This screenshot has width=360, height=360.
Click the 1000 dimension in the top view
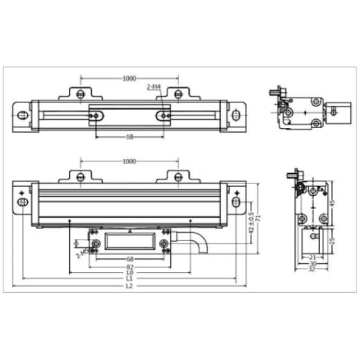coord(129,78)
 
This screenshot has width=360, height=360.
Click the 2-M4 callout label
coord(154,87)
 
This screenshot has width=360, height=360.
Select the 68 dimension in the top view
coord(129,137)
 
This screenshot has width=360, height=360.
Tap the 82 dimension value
coord(129,267)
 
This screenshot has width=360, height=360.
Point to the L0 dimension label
coord(129,273)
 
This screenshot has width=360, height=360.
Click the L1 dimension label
coord(129,279)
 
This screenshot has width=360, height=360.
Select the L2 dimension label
coord(129,286)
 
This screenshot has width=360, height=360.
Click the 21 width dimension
coord(312,257)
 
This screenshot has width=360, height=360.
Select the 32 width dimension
coord(312,269)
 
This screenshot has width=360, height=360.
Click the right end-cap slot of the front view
coord(237,201)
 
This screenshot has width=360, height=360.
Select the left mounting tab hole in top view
coord(80,94)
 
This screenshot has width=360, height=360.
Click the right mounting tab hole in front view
coord(177,178)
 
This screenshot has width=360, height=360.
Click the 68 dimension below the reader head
coord(129,260)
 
